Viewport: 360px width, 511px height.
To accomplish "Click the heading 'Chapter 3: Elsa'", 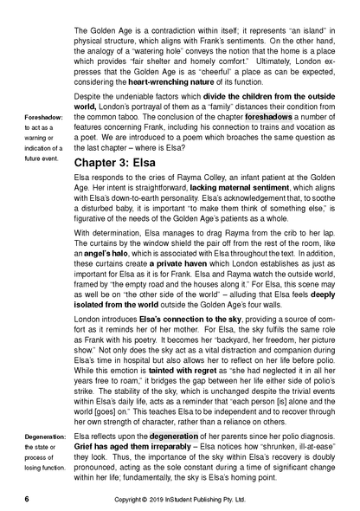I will pos(132,163).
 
